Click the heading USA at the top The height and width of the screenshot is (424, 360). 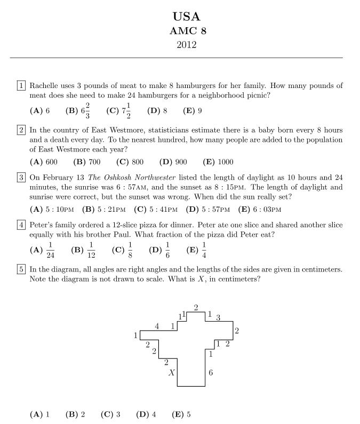[x=187, y=17]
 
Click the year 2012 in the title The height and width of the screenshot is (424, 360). [x=187, y=45]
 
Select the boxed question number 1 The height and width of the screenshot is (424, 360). [x=21, y=85]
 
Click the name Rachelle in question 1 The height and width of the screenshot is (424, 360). [x=45, y=85]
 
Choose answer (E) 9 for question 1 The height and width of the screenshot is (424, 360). [x=193, y=111]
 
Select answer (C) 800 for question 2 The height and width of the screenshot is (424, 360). [x=130, y=162]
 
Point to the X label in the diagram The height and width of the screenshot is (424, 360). [x=171, y=373]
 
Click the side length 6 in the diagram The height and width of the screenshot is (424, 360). [x=211, y=373]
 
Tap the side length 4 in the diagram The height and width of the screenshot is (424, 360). [x=157, y=326]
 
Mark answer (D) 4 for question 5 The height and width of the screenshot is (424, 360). [x=146, y=414]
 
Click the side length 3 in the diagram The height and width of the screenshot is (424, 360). [x=218, y=318]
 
